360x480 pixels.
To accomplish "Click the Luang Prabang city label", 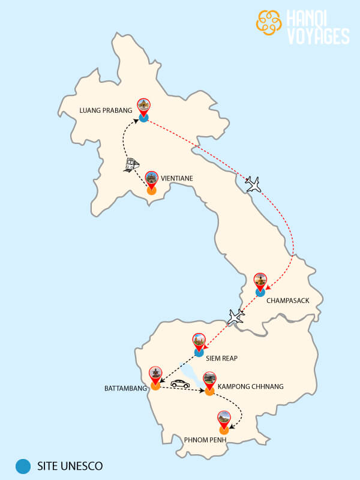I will click(106, 110).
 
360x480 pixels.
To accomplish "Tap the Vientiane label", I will click(176, 178).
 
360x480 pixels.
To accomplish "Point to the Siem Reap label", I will click(222, 358).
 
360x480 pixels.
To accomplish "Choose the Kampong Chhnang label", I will click(251, 386).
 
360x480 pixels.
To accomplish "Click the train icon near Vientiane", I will click(131, 165).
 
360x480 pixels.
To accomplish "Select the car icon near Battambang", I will click(179, 383).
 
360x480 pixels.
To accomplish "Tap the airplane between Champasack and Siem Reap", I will click(236, 316).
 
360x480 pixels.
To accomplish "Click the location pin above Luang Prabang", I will click(143, 107).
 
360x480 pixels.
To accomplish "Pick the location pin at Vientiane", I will click(151, 179).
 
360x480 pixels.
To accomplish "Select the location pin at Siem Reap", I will click(199, 341).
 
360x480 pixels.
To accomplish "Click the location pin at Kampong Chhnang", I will click(209, 380).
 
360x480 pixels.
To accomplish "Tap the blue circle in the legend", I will click(23, 465).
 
